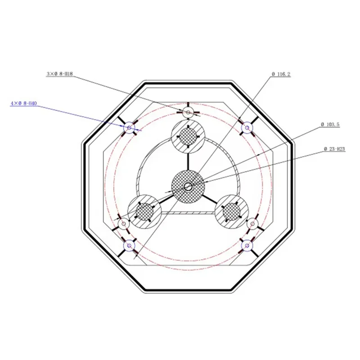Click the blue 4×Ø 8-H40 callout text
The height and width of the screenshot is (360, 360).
(23, 103)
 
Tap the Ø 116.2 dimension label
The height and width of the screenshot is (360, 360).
(281, 73)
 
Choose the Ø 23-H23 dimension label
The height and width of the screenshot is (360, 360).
(334, 148)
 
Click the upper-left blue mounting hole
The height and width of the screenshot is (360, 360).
(129, 128)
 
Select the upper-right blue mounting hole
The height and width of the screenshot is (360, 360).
(246, 128)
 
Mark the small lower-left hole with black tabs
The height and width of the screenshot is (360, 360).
(123, 223)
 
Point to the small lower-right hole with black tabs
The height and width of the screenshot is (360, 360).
(252, 224)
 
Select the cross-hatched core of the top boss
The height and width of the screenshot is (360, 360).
(188, 136)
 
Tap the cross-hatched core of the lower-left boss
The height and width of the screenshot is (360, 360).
(145, 210)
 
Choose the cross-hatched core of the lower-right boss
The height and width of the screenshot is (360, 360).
(231, 210)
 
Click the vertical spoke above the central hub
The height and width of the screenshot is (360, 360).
(188, 161)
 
